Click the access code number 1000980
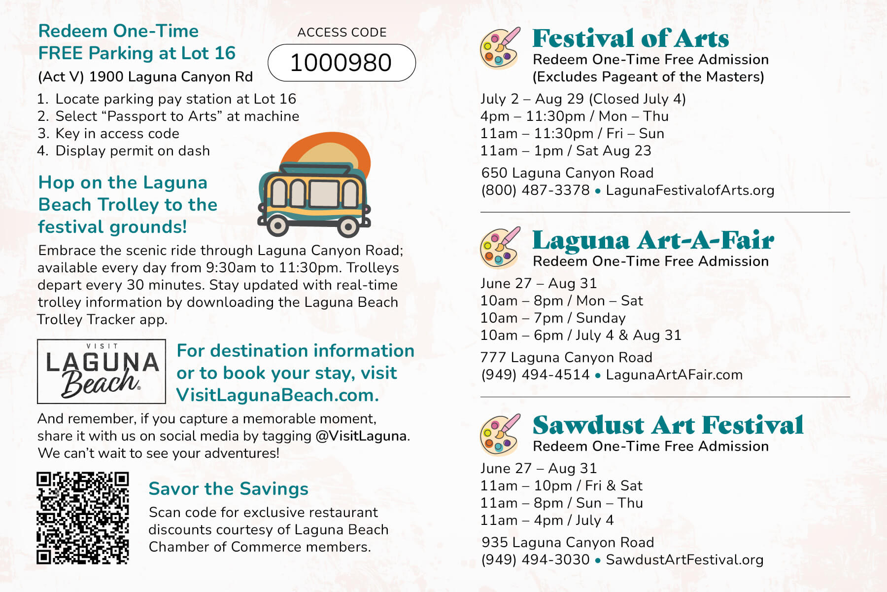[341, 63]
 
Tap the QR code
[82, 518]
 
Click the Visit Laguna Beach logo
[102, 371]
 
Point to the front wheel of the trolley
[348, 227]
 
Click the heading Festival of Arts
[630, 38]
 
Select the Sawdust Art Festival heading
[668, 425]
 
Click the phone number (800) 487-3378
[535, 190]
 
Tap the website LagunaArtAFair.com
[674, 375]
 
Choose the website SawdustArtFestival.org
[684, 560]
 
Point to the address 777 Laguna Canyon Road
[567, 357]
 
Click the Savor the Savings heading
[228, 489]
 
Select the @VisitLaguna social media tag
[361, 436]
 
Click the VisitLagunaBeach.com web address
[277, 395]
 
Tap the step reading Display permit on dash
[132, 151]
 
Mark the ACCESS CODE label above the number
[342, 33]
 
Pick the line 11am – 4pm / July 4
[547, 520]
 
